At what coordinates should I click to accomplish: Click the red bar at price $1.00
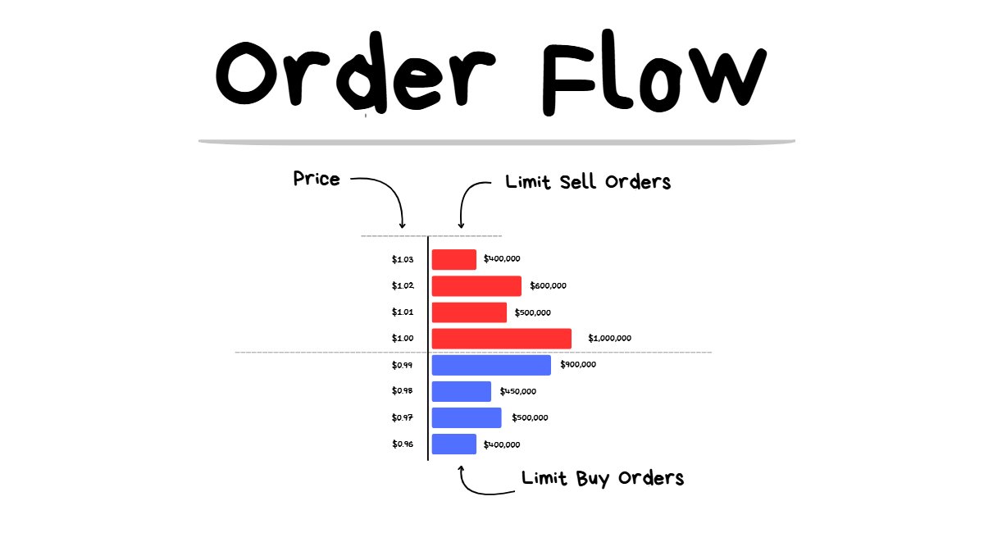point(501,339)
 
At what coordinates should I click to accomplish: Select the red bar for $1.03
point(454,259)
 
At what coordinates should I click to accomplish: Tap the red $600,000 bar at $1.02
point(476,286)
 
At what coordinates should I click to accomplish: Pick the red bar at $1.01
point(469,312)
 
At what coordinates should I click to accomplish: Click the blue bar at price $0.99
point(491,365)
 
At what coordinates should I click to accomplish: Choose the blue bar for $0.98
point(462,391)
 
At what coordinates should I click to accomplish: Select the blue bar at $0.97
point(467,417)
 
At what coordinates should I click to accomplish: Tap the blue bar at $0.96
point(454,444)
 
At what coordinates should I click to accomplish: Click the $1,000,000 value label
point(609,339)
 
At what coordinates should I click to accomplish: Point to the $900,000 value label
point(578,364)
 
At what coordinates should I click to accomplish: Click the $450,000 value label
point(517,391)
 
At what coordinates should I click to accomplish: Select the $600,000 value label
point(548,285)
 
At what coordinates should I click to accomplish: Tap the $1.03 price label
point(403,259)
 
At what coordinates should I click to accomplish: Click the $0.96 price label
point(403,444)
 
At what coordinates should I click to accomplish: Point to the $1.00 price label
point(403,339)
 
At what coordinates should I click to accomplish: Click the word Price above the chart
point(317,179)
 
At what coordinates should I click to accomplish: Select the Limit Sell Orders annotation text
point(588,182)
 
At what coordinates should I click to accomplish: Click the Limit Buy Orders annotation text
point(603,478)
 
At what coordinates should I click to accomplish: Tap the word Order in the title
point(356,72)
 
